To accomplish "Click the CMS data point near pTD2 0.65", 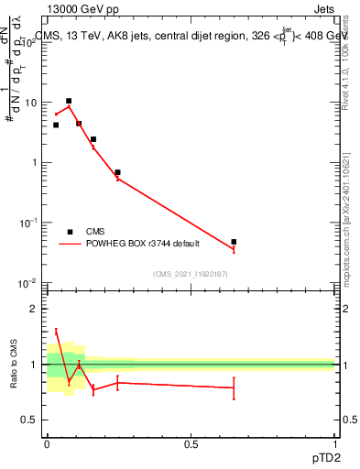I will [x=234, y=242].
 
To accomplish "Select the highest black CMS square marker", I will [x=69, y=101].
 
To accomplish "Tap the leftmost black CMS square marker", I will [x=56, y=125].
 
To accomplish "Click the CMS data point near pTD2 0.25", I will [x=117, y=172].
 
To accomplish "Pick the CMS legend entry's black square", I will [x=70, y=232].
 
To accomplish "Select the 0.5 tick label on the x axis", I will [x=191, y=444].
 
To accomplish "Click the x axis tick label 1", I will [x=334, y=444].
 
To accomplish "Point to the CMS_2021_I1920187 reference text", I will [x=191, y=274].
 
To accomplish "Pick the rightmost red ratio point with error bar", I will [x=234, y=387].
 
